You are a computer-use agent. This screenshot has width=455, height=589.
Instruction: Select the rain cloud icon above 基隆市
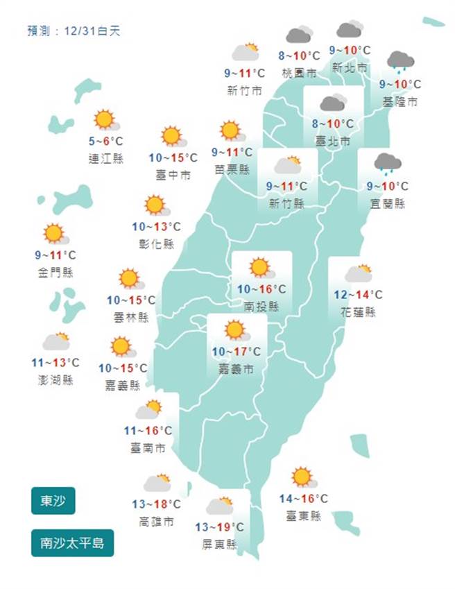point(401,62)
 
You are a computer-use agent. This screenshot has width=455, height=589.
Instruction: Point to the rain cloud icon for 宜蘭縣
point(388,163)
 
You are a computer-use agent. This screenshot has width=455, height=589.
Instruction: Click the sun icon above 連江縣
point(105,120)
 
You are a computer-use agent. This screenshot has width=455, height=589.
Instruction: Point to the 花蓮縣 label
point(359,312)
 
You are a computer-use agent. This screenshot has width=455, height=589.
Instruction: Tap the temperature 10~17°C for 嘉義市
point(237,352)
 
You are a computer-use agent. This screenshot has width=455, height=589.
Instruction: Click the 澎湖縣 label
point(57,379)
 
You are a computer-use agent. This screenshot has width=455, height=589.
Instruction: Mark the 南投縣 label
point(262,307)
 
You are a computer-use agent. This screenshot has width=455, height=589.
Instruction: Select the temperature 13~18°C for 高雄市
point(157,504)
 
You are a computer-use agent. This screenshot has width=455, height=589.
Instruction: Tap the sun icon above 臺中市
point(172,136)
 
